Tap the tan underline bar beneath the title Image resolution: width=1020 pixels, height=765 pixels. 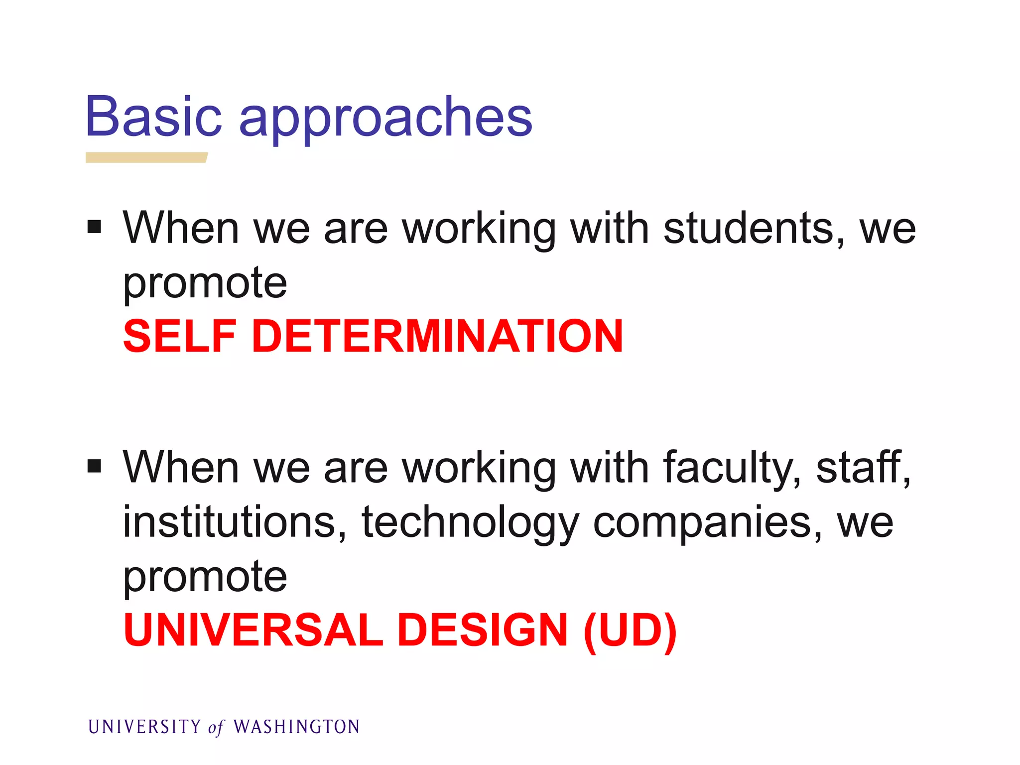point(146,157)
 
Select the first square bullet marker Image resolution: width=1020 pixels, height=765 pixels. point(94,228)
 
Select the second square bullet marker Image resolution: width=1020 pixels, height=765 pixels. point(94,467)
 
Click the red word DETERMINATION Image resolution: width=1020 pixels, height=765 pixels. point(437,337)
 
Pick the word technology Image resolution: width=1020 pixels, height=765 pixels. point(470,524)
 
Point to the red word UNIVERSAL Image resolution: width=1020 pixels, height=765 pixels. point(253,630)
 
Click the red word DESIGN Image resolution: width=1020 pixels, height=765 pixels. point(483,630)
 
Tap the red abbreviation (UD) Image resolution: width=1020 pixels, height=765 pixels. point(630,631)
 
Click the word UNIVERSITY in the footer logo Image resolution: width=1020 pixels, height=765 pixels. point(144,727)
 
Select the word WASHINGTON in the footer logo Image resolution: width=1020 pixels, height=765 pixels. point(296,727)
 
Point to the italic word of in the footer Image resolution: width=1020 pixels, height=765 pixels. point(216,728)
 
